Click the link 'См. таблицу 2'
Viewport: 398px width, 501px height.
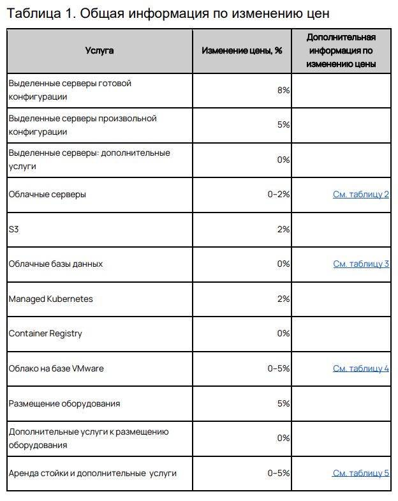pos(360,194)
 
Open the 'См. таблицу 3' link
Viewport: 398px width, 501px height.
pos(360,264)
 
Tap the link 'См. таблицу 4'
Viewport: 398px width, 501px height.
pos(360,368)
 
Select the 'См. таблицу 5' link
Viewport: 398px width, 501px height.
pos(360,473)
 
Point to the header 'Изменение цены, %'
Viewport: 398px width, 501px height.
pos(242,50)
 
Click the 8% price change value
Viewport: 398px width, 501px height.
pos(284,90)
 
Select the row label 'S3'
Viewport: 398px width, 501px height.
pos(14,229)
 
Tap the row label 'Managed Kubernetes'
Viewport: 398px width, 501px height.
pos(50,299)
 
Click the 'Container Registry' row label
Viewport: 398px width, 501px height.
pos(45,333)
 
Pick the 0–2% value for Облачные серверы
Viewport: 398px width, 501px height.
pos(279,194)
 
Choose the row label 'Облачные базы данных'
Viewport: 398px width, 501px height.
pos(55,264)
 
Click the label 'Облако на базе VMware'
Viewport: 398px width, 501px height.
pos(56,368)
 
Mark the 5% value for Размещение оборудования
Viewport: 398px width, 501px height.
pos(284,403)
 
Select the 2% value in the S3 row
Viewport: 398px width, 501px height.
pos(284,229)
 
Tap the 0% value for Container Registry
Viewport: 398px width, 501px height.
pos(284,333)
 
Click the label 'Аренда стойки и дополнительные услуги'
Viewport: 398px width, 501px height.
pos(92,473)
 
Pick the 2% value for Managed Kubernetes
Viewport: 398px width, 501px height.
pos(284,299)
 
